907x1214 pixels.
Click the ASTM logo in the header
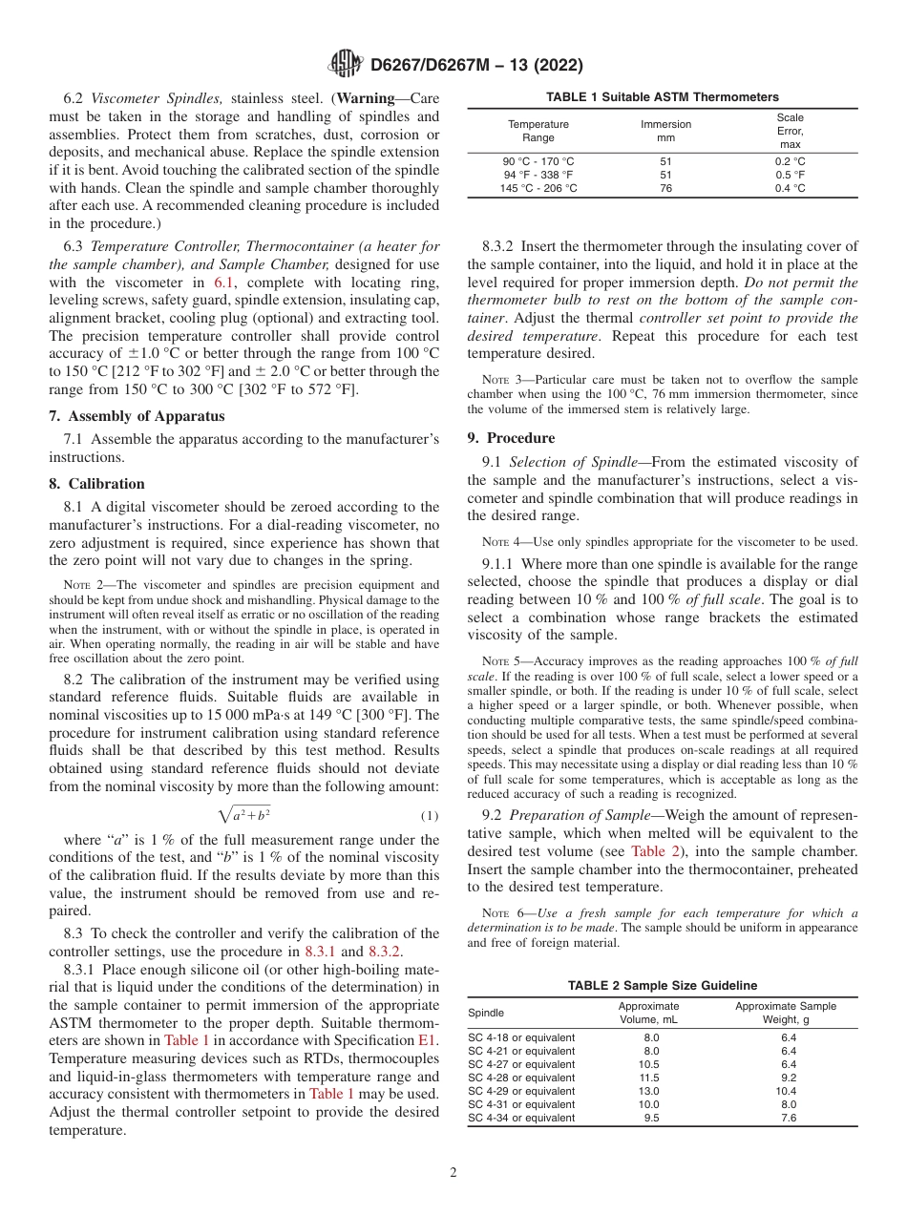(x=345, y=65)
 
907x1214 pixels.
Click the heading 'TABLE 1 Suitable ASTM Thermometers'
(x=662, y=97)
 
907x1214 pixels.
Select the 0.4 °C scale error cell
(x=790, y=188)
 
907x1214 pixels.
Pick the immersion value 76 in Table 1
(x=665, y=188)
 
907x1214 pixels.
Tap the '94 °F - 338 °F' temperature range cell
(x=538, y=175)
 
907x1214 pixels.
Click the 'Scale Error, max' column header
(x=790, y=131)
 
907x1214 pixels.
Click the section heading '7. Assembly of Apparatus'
(x=137, y=416)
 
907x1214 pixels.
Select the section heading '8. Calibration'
(x=97, y=484)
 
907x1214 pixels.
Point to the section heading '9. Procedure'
(x=511, y=438)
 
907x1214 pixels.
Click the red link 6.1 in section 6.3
(x=221, y=283)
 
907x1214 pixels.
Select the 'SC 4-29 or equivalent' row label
(x=521, y=1091)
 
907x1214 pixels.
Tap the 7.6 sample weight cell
(x=788, y=1118)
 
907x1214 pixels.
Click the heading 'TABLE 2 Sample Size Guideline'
(x=662, y=986)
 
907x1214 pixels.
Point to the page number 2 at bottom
(x=453, y=1173)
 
